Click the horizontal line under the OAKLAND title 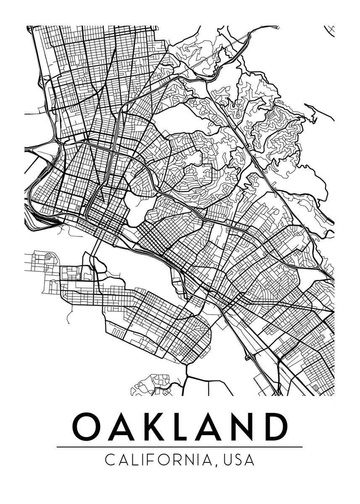(179, 447)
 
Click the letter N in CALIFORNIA (189, 460)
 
